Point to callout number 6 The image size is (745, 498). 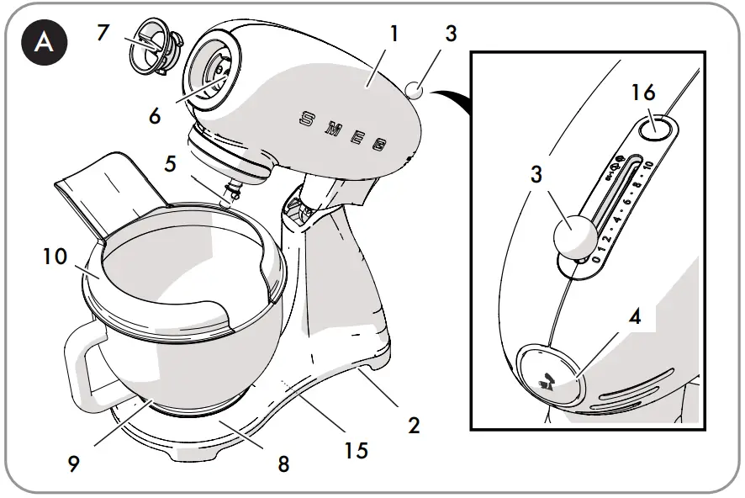pyautogui.click(x=155, y=115)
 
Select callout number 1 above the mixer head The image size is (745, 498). pyautogui.click(x=394, y=34)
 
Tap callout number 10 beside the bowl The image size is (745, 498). pyautogui.click(x=55, y=256)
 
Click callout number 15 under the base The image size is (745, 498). pyautogui.click(x=356, y=450)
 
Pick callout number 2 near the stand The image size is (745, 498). pyautogui.click(x=413, y=425)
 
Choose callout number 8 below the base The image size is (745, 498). pyautogui.click(x=283, y=464)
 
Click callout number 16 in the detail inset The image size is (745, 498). pyautogui.click(x=643, y=93)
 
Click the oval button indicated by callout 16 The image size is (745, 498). pyautogui.click(x=657, y=129)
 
